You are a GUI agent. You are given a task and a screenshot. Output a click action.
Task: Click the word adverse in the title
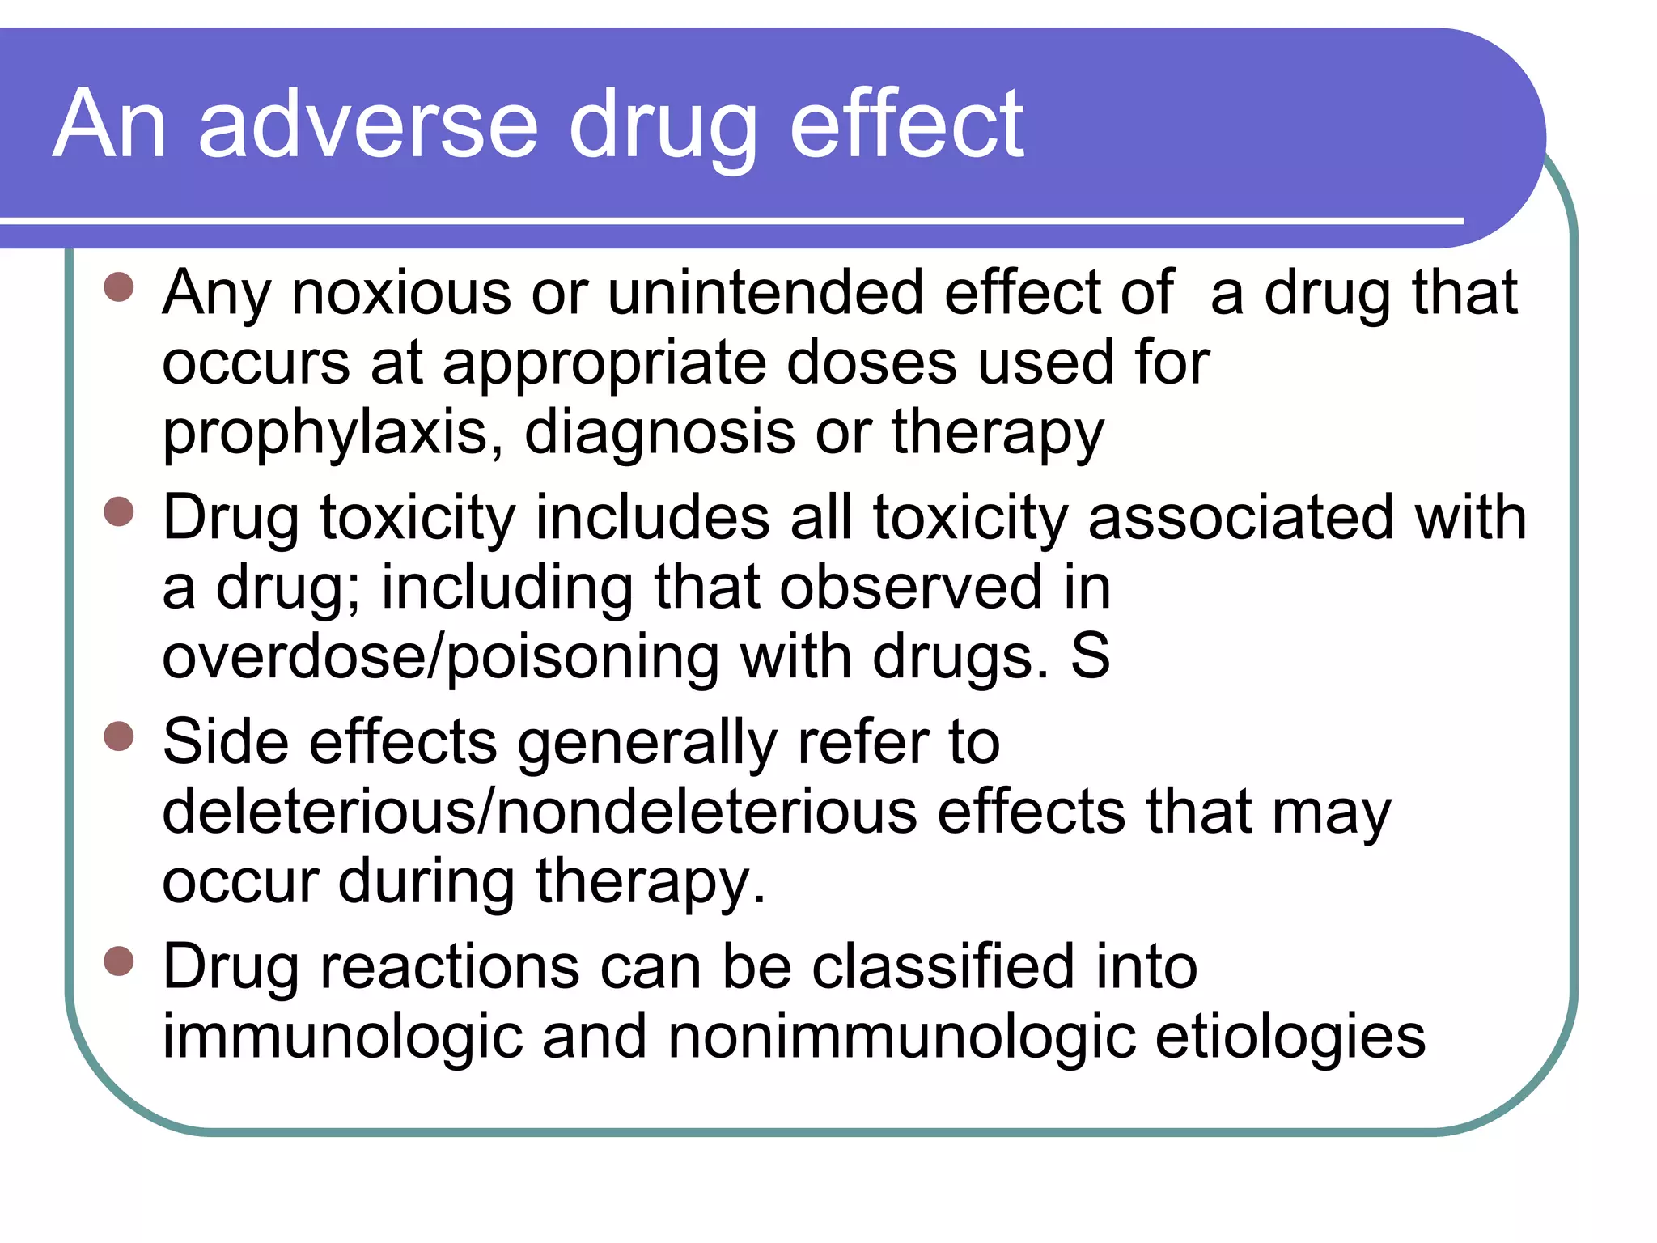tap(368, 125)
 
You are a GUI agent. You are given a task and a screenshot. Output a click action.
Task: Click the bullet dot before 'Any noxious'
tap(119, 286)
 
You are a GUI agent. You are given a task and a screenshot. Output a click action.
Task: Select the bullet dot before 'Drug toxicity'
tap(119, 511)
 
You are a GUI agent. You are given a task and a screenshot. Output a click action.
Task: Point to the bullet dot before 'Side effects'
tap(119, 736)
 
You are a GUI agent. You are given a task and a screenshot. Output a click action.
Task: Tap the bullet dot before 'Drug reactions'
tap(119, 961)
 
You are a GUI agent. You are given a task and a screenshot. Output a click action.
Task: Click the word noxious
tap(401, 293)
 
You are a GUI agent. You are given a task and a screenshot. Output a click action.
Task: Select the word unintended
tap(765, 293)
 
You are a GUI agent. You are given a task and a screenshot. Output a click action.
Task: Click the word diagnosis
tap(659, 432)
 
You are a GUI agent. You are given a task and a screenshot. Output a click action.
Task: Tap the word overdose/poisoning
tap(441, 657)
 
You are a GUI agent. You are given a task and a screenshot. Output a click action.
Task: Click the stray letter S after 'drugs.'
tap(1091, 655)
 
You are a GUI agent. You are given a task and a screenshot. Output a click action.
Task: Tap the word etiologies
tap(1290, 1037)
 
